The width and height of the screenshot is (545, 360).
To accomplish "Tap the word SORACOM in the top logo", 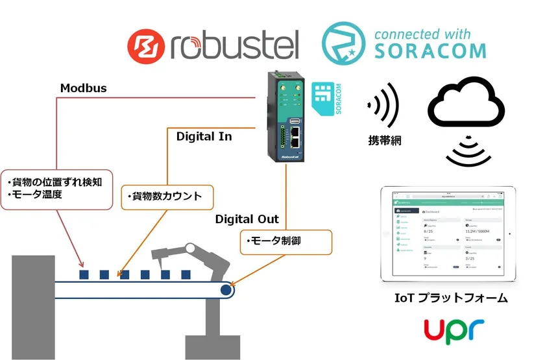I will pos(430,49).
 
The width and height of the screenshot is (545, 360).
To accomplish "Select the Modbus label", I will pos(83,88).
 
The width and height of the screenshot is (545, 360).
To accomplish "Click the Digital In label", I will pos(204,137).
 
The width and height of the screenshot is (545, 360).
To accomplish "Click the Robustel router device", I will pos(286,117).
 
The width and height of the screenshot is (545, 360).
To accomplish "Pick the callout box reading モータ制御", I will pos(286,241).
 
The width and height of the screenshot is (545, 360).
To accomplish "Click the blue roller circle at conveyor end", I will pos(225,290).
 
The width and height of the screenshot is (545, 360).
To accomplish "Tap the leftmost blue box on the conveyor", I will pos(84,274).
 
